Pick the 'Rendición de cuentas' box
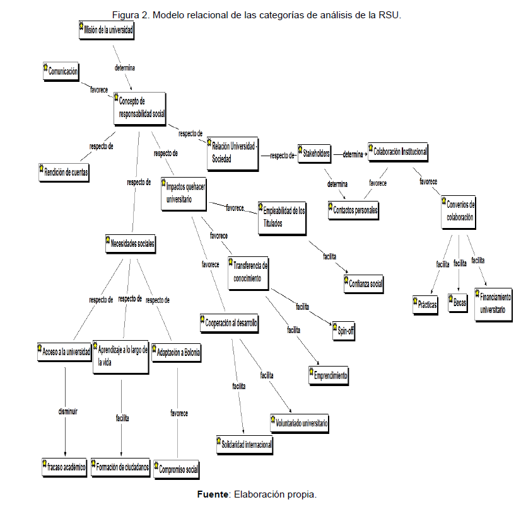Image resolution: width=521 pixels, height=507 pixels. point(63,171)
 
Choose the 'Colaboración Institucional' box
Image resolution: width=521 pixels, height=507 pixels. point(399,152)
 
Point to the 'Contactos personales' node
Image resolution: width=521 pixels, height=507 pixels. point(353,210)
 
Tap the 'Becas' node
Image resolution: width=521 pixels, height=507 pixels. point(458,302)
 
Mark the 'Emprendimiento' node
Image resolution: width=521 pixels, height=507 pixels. point(329,375)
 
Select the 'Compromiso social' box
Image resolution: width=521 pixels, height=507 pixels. point(177,468)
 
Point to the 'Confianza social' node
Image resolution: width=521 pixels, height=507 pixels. point(364,283)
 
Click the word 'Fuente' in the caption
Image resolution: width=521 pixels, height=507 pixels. point(212,494)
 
